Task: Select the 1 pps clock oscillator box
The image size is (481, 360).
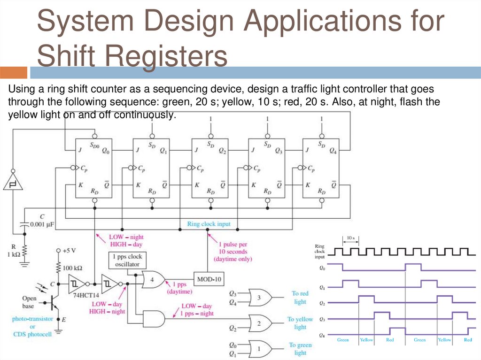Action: pos(127,260)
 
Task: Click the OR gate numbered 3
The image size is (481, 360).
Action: pos(260,298)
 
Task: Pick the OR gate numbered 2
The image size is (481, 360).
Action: pos(260,323)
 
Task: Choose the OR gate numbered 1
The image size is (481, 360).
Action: pos(260,349)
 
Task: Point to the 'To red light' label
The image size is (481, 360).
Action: pos(300,298)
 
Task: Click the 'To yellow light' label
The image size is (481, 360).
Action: pos(300,323)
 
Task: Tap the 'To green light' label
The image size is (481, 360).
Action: pos(300,349)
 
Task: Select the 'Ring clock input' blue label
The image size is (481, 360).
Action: pos(209,224)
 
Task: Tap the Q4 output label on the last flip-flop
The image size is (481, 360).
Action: pos(333,151)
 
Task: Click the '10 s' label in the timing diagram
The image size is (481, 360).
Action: pos(350,238)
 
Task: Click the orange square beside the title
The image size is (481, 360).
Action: pos(13,73)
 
